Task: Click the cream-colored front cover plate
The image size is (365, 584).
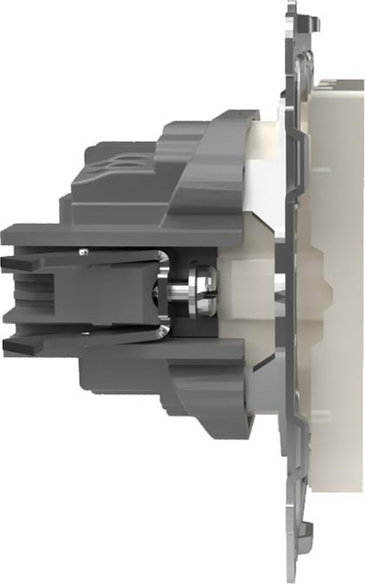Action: pos(336,292)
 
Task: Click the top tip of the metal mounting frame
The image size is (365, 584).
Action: pos(297,5)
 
